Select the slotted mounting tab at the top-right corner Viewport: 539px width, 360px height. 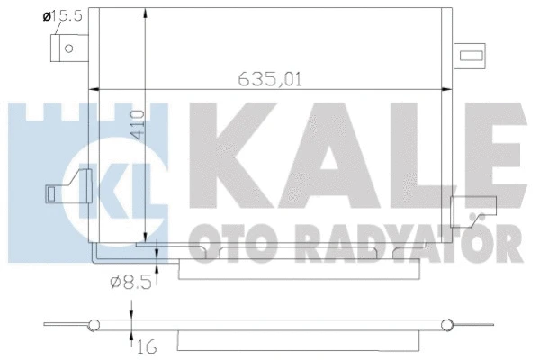472,57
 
